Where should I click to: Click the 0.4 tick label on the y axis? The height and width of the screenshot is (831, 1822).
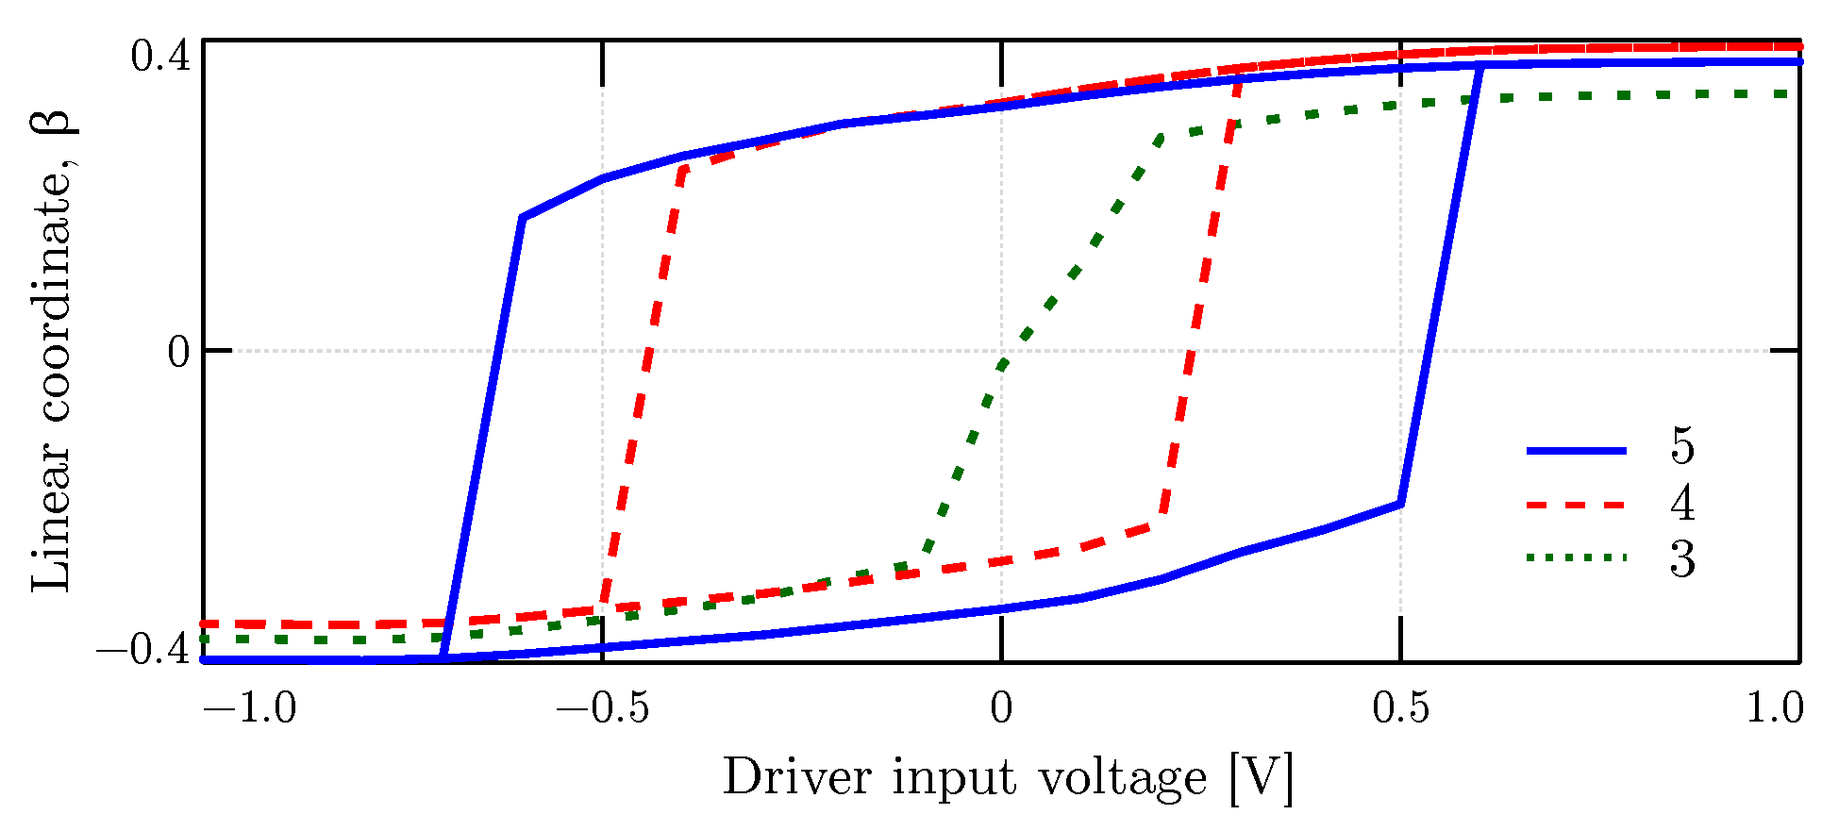click(159, 58)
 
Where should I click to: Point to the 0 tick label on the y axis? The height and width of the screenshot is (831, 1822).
click(178, 352)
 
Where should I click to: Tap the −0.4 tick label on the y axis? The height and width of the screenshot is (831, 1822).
click(143, 650)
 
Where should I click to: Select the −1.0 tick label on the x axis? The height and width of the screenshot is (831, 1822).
click(250, 706)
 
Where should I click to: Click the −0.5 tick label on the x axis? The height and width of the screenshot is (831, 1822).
click(602, 706)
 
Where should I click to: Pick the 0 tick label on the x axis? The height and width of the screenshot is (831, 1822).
click(1001, 706)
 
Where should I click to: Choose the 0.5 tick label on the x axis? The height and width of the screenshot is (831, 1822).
click(1400, 706)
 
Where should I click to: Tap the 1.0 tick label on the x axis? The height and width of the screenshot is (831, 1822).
click(1775, 706)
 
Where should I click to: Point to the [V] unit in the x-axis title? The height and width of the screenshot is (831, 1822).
click(1261, 778)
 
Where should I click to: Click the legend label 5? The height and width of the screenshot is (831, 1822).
click(1682, 446)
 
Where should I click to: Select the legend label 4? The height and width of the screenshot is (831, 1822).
click(1682, 503)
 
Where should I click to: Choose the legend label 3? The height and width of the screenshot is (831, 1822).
click(1682, 559)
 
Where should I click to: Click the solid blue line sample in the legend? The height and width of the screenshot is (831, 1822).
click(1576, 451)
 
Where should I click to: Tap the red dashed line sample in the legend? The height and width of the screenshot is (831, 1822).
click(1576, 506)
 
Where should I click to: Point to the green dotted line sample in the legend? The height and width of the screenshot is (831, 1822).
click(1576, 558)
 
